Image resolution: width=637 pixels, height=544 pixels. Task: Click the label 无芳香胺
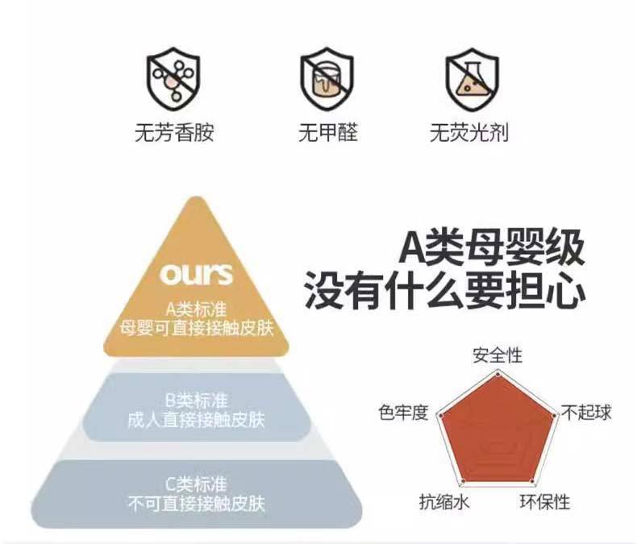click(x=174, y=132)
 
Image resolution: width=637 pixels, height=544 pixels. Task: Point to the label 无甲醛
click(x=328, y=132)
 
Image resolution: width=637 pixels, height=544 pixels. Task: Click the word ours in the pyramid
click(x=196, y=274)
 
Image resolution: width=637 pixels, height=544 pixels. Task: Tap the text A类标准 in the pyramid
click(x=196, y=309)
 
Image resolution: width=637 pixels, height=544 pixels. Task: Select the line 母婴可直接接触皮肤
click(x=196, y=328)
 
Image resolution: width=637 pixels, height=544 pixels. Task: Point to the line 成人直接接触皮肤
click(x=196, y=420)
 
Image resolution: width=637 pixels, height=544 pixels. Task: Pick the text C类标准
click(x=196, y=485)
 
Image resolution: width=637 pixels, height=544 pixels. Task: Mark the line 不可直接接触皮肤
click(x=196, y=505)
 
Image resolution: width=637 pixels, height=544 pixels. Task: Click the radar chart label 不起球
click(x=586, y=413)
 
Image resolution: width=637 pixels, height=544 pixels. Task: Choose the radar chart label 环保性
click(x=544, y=502)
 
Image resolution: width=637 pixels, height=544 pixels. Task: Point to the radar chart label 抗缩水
click(x=444, y=502)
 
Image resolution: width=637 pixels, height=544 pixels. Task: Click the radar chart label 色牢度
click(x=403, y=413)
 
